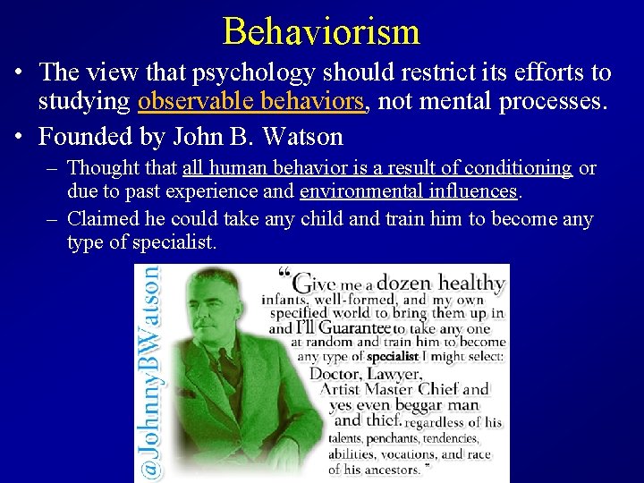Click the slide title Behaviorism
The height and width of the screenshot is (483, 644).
pyautogui.click(x=321, y=30)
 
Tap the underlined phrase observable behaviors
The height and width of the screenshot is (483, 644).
pyautogui.click(x=252, y=102)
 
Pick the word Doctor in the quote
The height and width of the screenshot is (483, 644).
pyautogui.click(x=337, y=373)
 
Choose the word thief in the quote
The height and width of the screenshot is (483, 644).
pyautogui.click(x=382, y=420)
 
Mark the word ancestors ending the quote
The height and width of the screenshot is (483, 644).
pyautogui.click(x=395, y=469)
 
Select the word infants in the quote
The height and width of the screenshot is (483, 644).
pyautogui.click(x=284, y=301)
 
